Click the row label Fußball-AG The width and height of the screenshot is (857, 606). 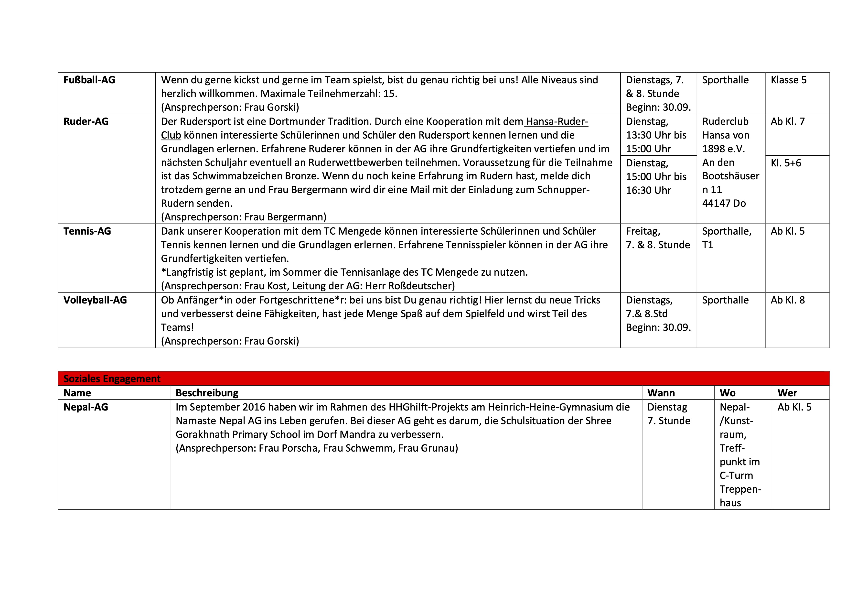point(89,80)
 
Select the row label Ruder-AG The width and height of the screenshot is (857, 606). point(86,121)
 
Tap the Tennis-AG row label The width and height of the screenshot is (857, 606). point(87,231)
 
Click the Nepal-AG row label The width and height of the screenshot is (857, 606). point(86,407)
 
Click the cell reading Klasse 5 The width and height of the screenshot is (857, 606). point(788,80)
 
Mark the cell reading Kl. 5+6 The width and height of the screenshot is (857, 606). point(786,163)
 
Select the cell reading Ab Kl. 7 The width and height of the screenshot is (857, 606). point(788,121)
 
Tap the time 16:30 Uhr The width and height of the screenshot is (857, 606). point(648,190)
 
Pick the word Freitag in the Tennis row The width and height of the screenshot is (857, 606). point(642,231)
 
